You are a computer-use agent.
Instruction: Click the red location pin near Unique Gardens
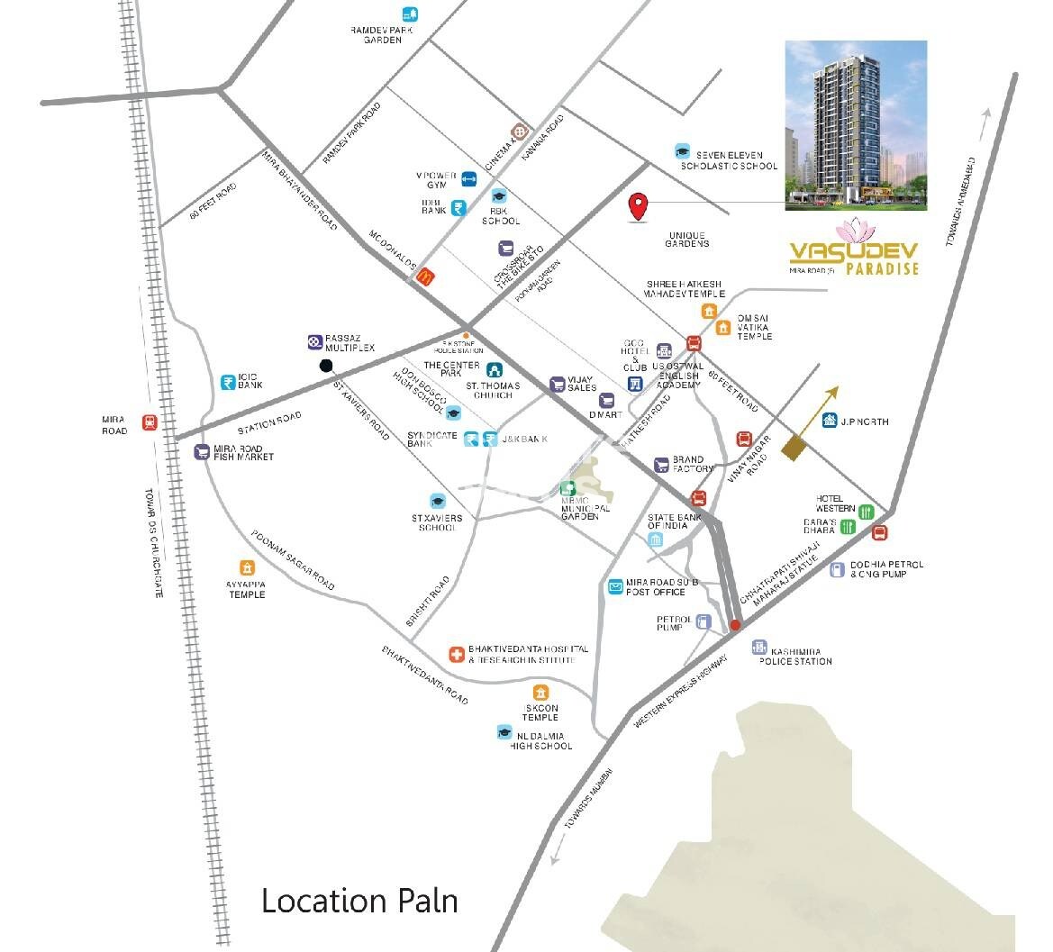click(639, 206)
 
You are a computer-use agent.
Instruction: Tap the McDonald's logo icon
click(427, 277)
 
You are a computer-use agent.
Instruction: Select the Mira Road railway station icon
click(149, 422)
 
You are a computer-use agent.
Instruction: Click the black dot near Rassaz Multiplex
click(326, 365)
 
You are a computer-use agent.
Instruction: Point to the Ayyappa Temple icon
click(247, 567)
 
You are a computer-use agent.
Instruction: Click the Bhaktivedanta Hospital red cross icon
click(458, 654)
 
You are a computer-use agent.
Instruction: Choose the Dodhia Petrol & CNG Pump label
click(886, 568)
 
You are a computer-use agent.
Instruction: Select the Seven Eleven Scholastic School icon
click(682, 151)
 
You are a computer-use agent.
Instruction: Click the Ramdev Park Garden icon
click(410, 14)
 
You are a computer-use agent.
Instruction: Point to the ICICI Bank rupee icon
click(230, 381)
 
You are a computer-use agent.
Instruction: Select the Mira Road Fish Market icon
click(202, 451)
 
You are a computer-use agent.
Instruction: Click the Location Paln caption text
click(359, 901)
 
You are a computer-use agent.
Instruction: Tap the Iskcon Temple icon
click(540, 692)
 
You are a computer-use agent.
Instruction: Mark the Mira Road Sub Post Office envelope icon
click(615, 586)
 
